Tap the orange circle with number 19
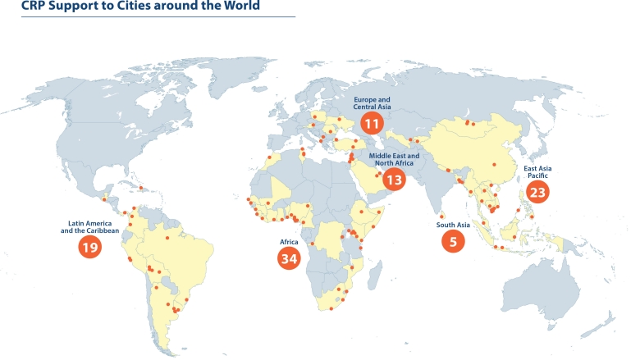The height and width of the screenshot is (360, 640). (x=89, y=247)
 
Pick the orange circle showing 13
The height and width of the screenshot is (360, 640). (x=394, y=180)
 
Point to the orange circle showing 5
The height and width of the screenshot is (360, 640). (x=452, y=241)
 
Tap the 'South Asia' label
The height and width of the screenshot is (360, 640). (x=452, y=225)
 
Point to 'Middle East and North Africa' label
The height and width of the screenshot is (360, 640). (x=394, y=159)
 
